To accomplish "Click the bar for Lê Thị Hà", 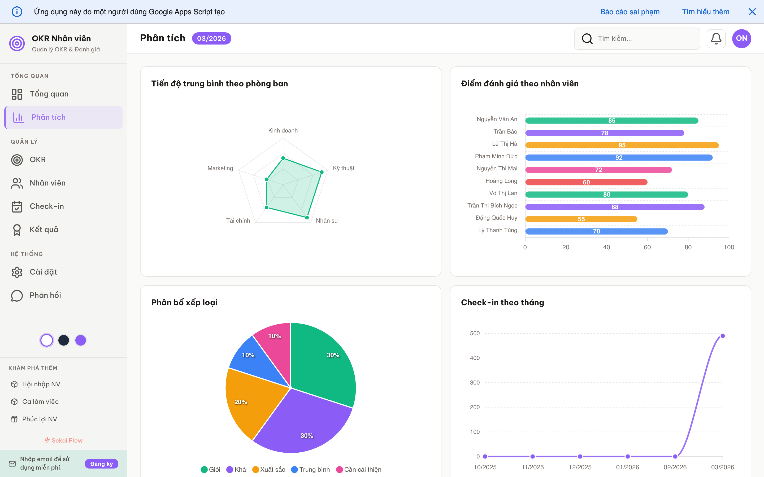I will coord(622,145).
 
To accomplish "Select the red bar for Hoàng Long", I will coord(586,182).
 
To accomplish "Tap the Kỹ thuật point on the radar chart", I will coord(322,172).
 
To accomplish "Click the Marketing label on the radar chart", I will coord(220,168).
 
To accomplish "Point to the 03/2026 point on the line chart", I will coord(722,336).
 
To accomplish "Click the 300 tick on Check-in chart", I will coord(475,383).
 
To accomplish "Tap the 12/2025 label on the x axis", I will coord(580,467).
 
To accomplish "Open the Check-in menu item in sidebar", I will coord(47,206).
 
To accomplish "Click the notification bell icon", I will coord(716,38).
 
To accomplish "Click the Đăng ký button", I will coord(101,464).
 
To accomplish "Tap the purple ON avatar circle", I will coord(741,38).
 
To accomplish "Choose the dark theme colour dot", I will coord(64,340).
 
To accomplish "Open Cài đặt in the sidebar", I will coord(43,272).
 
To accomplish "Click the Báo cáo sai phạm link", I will coord(630,12).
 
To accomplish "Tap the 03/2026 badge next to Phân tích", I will coord(211,38).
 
